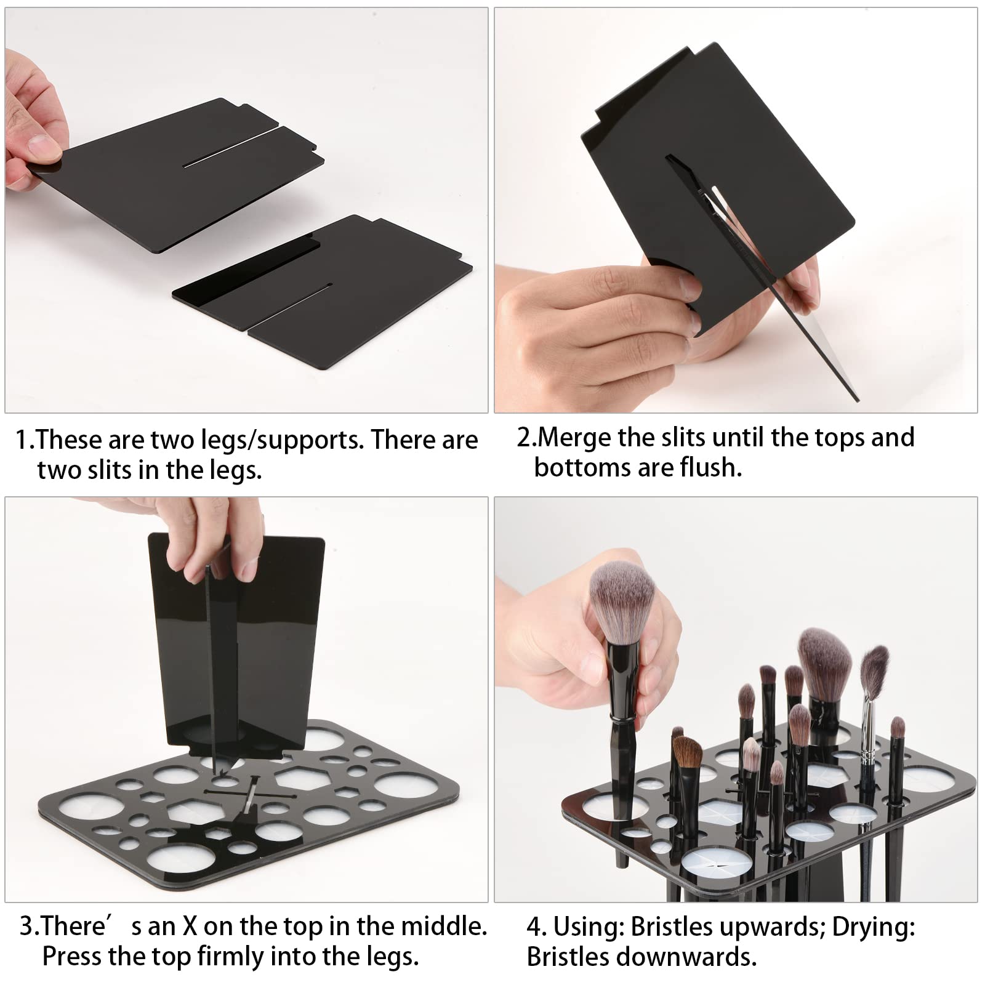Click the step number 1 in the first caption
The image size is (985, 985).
(x=22, y=441)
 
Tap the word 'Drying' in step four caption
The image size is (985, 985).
(x=873, y=927)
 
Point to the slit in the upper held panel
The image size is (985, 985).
(x=228, y=151)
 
